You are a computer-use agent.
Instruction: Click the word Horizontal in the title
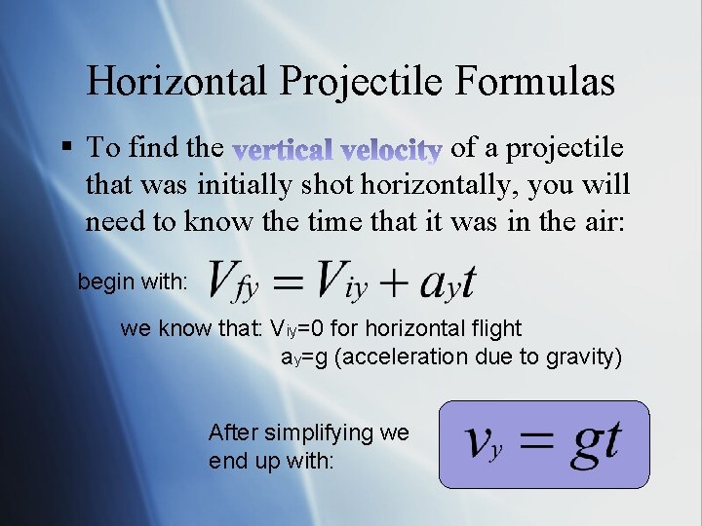pyautogui.click(x=171, y=82)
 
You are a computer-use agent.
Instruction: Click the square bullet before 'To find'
pyautogui.click(x=66, y=148)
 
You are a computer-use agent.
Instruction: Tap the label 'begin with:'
pyautogui.click(x=134, y=282)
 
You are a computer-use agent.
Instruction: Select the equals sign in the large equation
pyautogui.click(x=288, y=282)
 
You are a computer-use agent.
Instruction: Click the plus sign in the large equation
pyautogui.click(x=394, y=282)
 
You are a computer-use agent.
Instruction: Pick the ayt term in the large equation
pyautogui.click(x=447, y=282)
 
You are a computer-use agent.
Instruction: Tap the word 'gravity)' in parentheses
pyautogui.click(x=581, y=357)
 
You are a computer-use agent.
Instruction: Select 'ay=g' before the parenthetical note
pyautogui.click(x=305, y=357)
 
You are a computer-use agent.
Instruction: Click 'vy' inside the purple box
pyautogui.click(x=484, y=445)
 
